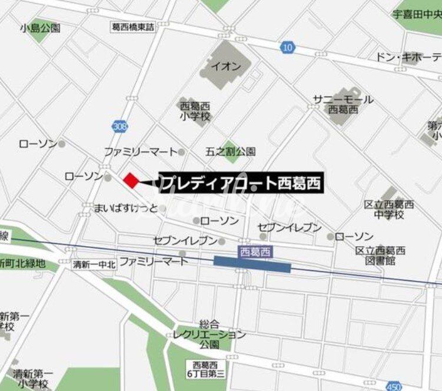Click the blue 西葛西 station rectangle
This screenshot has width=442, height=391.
[252, 264]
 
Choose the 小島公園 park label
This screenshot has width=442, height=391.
[40, 28]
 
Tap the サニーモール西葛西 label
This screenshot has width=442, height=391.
[343, 104]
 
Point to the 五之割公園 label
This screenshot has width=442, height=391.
[230, 151]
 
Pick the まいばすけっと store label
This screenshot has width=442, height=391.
[126, 208]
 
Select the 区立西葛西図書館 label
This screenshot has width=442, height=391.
[380, 255]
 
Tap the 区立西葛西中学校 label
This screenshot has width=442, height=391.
[389, 210]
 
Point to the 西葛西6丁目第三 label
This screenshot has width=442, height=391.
[205, 370]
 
